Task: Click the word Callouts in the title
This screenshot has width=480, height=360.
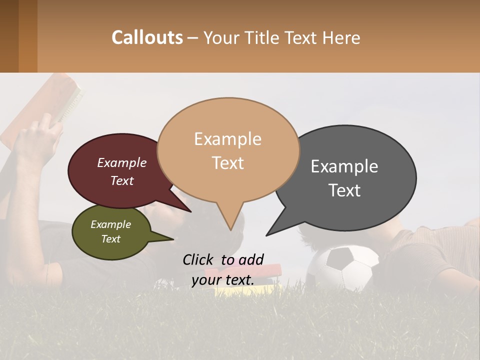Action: (147, 37)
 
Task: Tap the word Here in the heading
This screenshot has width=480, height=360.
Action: (342, 38)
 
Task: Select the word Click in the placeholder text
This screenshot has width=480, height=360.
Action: (198, 259)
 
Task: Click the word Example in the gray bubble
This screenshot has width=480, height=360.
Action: (344, 166)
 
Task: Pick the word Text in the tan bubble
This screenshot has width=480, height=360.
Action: (228, 163)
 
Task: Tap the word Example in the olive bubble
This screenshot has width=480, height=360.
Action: (111, 224)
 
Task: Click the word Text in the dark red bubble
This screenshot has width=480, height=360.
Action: (122, 181)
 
